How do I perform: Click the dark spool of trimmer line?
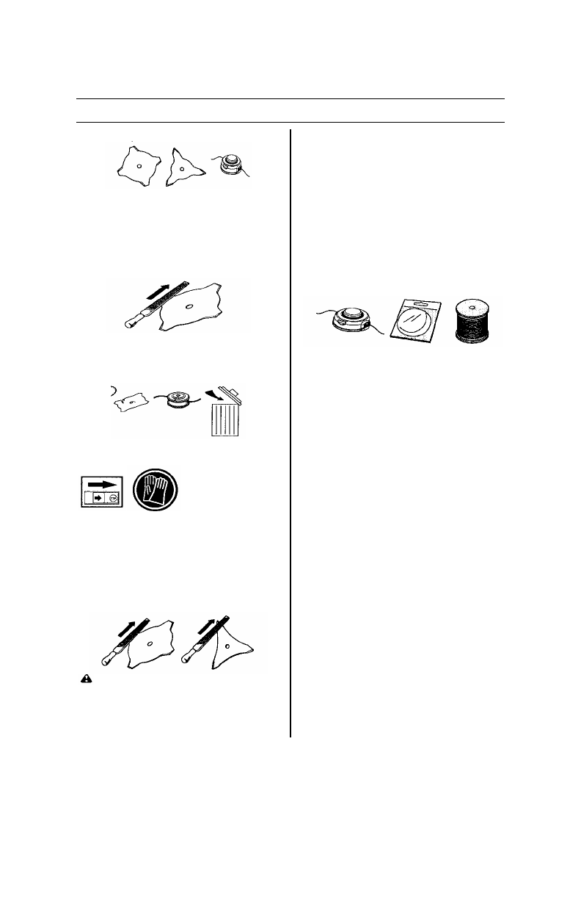(472, 322)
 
